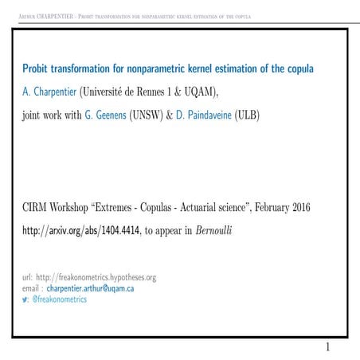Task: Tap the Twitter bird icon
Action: [25, 299]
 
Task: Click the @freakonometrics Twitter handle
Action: [60, 299]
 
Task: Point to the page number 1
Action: [327, 347]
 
